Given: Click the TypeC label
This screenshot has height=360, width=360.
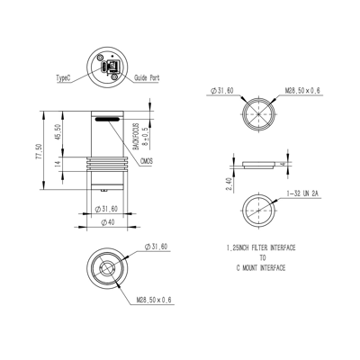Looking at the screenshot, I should click(x=64, y=78).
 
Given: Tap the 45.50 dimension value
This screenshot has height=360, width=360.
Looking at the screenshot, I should click(x=58, y=134).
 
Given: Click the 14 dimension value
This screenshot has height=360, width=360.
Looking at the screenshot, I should click(x=58, y=165).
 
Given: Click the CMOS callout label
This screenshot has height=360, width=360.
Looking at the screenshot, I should click(x=146, y=160).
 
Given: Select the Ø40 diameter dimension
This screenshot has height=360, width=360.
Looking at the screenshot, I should click(x=108, y=221).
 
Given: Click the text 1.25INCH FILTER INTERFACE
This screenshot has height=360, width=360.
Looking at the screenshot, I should click(x=262, y=247).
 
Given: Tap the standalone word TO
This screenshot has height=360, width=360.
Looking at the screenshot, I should click(x=262, y=256).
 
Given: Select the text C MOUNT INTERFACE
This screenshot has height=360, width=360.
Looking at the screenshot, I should click(x=262, y=267).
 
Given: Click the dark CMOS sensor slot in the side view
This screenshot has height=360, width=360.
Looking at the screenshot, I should click(x=106, y=118).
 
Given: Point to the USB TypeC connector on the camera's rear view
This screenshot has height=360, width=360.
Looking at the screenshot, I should click(x=109, y=67).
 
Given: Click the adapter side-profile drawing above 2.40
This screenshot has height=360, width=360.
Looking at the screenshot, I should click(x=261, y=165).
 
